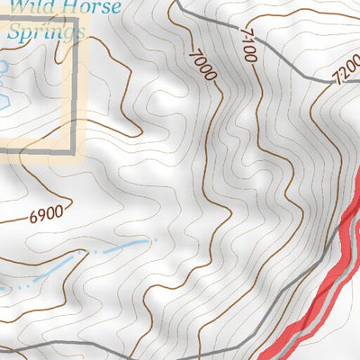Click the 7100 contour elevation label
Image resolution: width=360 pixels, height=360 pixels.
[x=248, y=44]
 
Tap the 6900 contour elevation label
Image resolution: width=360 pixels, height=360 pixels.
[x=47, y=215]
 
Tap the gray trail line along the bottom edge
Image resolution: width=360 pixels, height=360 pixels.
[x=135, y=348]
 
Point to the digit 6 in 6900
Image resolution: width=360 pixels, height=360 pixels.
[x=34, y=217]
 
